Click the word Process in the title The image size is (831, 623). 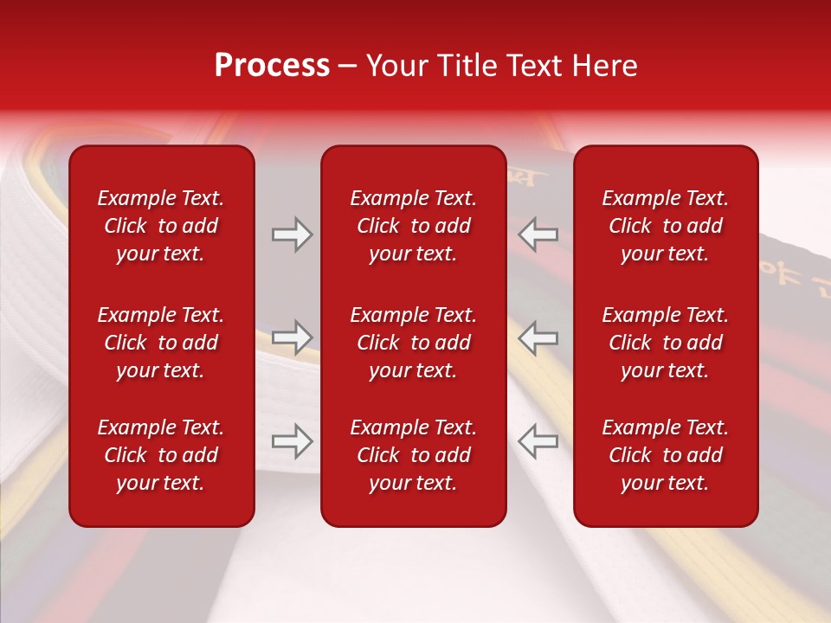click(272, 66)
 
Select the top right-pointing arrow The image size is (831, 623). click(293, 234)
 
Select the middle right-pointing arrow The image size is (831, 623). click(293, 337)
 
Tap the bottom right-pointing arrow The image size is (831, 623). click(293, 441)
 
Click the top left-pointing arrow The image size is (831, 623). click(538, 234)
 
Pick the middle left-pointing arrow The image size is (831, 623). click(538, 337)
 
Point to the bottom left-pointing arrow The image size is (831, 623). click(538, 441)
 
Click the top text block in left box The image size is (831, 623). click(161, 226)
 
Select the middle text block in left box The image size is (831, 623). click(161, 343)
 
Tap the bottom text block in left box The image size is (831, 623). click(161, 455)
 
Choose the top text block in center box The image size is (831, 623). click(414, 226)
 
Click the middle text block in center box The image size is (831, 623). click(414, 343)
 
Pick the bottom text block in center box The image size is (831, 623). click(414, 455)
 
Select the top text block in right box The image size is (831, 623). click(666, 226)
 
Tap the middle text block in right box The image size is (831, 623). click(666, 343)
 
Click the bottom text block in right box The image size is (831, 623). click(666, 455)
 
